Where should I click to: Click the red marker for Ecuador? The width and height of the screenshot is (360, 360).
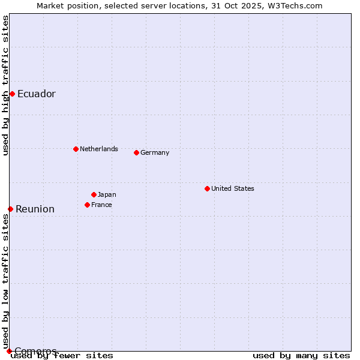pos(12,94)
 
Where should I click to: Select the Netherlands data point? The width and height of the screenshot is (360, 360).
pos(76,149)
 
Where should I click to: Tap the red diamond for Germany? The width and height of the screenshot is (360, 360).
pos(136,152)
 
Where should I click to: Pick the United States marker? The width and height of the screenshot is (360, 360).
pos(207,188)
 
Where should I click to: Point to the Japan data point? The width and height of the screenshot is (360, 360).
pos(94,194)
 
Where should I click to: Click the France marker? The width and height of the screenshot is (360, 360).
pos(87,205)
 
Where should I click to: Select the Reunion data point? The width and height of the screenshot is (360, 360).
pos(10,209)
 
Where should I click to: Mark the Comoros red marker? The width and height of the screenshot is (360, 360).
pos(9,351)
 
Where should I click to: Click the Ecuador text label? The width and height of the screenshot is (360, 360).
pos(37,94)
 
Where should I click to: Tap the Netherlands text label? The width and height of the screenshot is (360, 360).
pos(99,149)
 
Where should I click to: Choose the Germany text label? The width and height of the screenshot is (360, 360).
pos(155,152)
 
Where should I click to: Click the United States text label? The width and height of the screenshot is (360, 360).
pos(233,188)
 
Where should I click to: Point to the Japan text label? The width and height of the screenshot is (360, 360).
pos(107,194)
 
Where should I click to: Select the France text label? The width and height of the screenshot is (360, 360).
pos(102,205)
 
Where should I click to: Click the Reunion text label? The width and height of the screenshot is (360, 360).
pos(35,209)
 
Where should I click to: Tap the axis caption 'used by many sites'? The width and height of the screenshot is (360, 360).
pos(301,355)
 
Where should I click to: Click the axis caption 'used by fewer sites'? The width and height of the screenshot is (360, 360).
pos(62,355)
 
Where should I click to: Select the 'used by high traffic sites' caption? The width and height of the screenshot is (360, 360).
pos(5,85)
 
